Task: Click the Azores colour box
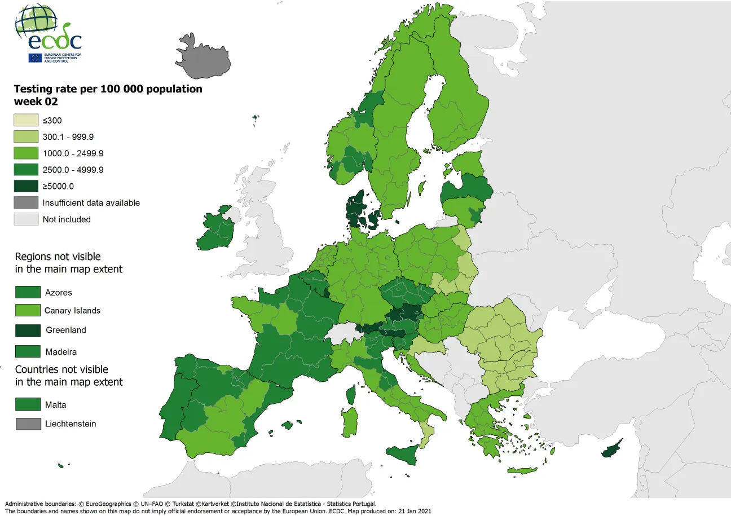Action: click(x=28, y=292)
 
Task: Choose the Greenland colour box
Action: click(x=28, y=330)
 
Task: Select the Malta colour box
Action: click(x=28, y=404)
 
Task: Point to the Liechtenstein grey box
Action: click(x=28, y=424)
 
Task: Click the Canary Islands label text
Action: click(x=72, y=310)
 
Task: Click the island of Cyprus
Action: click(x=611, y=449)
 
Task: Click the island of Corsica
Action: click(x=351, y=394)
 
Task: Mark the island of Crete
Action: click(x=521, y=471)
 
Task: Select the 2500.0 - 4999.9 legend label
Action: click(x=73, y=170)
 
